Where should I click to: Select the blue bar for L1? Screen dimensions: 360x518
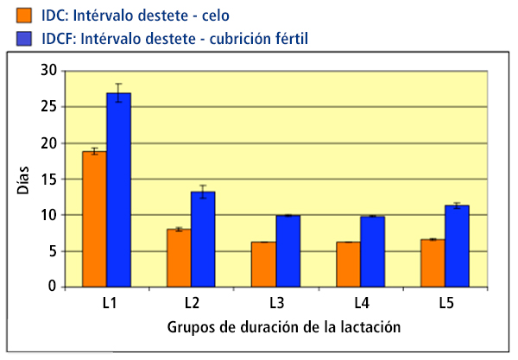(118, 189)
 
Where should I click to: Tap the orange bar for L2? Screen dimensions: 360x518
(179, 257)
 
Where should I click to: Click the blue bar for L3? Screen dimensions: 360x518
(287, 250)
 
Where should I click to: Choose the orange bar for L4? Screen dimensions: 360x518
(348, 263)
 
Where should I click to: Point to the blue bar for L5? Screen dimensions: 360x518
(457, 245)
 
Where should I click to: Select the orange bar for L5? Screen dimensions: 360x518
(433, 262)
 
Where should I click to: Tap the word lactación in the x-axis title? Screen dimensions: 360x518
(376, 328)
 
